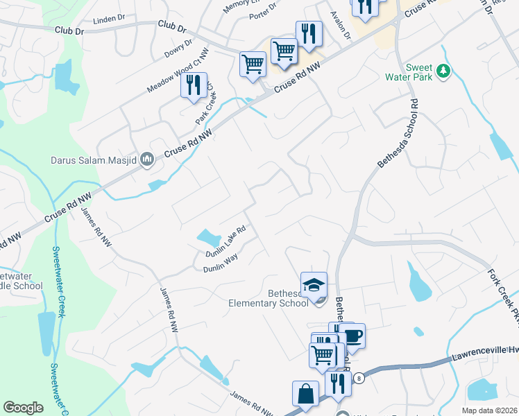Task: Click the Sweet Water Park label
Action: tap(409, 72)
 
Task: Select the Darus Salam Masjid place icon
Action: tap(146, 160)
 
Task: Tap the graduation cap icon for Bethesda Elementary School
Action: tap(314, 284)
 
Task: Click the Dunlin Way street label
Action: tap(220, 263)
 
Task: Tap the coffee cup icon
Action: tap(352, 336)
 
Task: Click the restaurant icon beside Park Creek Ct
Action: tap(194, 85)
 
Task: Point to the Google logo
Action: tap(23, 408)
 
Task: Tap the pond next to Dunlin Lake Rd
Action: tap(208, 239)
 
